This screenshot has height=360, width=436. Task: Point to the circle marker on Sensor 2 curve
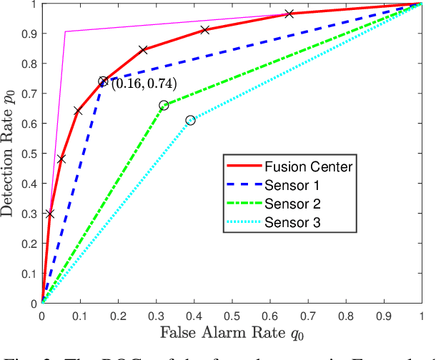tap(164, 105)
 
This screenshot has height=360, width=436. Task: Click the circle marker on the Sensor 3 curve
tap(190, 120)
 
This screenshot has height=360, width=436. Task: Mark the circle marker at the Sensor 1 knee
tap(103, 81)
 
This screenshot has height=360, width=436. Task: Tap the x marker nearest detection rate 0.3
tap(49, 214)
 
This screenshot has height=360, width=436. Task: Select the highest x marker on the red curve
tap(289, 14)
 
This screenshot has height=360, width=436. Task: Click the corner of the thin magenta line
tap(65, 31)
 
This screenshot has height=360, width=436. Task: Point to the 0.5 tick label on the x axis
tap(232, 314)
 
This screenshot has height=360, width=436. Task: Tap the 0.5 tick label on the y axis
tap(29, 154)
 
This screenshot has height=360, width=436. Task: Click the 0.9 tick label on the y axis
tap(29, 34)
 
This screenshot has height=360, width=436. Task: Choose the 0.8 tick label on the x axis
tap(346, 314)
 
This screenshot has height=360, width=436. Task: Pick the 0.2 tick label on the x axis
tap(117, 314)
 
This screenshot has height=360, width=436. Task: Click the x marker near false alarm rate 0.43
tap(205, 29)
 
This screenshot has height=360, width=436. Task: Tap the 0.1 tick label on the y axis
tap(29, 274)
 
